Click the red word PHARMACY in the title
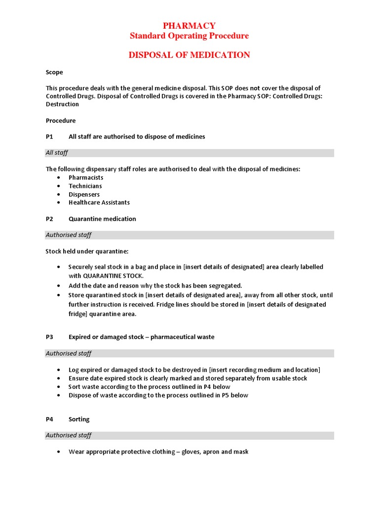189,26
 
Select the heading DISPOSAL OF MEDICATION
189,55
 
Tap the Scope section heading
54,72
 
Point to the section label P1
49,136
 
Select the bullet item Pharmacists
86,177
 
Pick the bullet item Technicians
85,186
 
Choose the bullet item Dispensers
84,194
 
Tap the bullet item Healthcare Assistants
99,202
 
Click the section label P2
49,219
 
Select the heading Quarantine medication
102,219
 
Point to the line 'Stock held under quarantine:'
87,251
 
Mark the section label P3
49,337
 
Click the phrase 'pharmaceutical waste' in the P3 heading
182,337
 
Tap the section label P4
49,419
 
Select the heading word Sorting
79,419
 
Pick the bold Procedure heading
61,121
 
